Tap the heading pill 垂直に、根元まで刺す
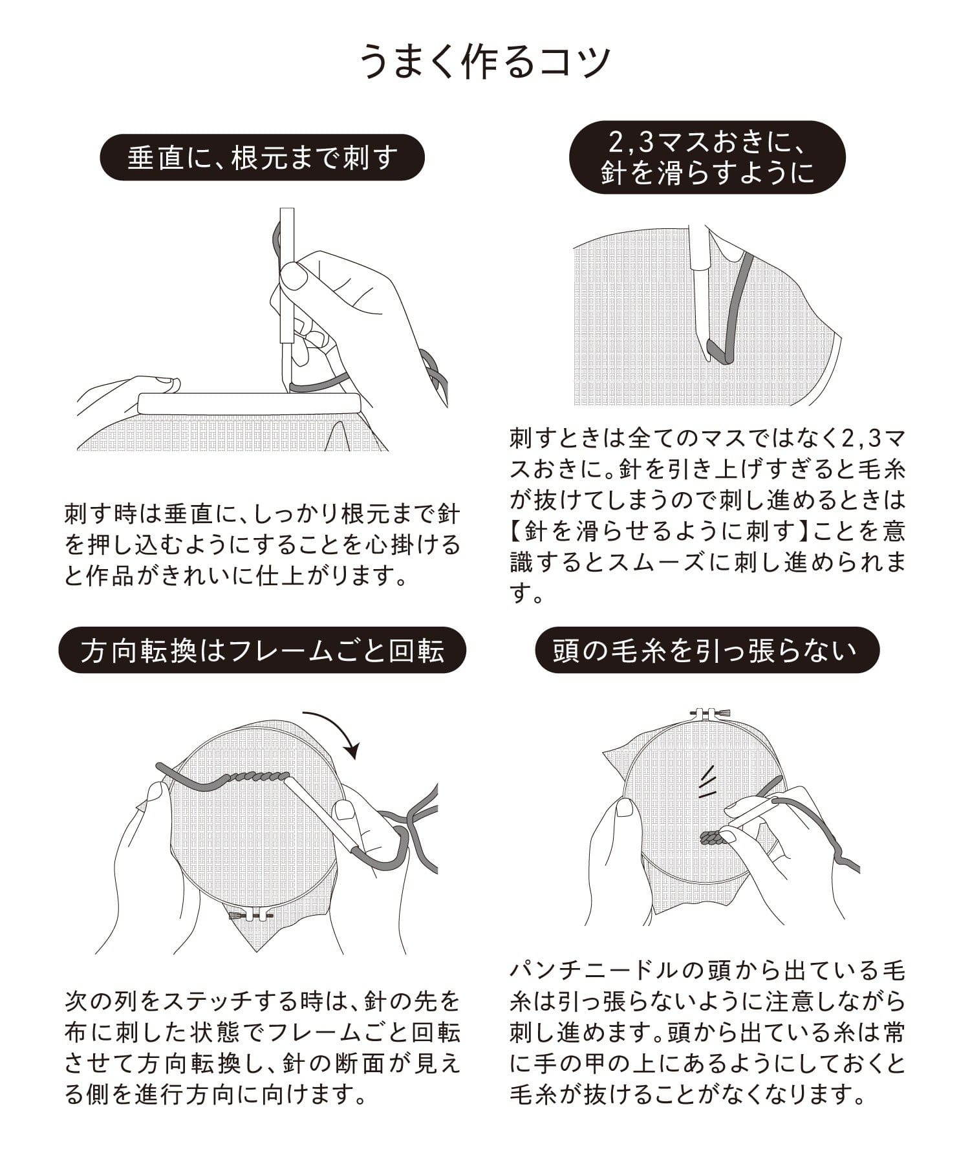(x=262, y=157)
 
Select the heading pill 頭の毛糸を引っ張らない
(x=707, y=651)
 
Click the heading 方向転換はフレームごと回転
(x=262, y=651)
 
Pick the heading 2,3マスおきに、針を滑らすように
(x=707, y=157)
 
